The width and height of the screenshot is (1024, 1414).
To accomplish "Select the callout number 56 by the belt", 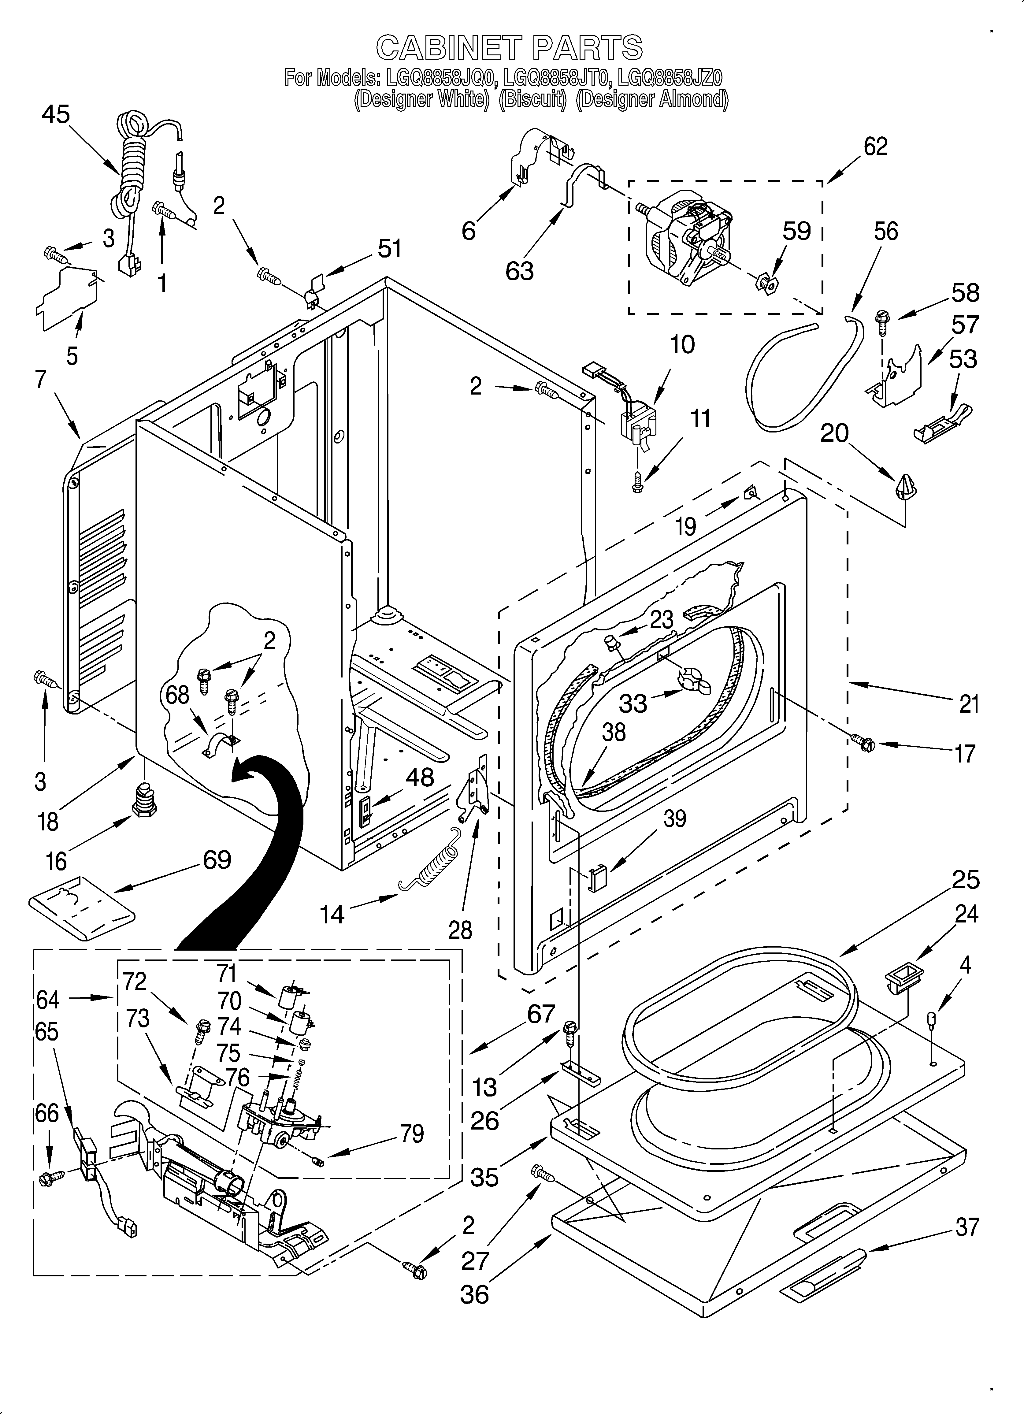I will (885, 231).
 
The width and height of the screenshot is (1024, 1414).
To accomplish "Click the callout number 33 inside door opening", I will (633, 703).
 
